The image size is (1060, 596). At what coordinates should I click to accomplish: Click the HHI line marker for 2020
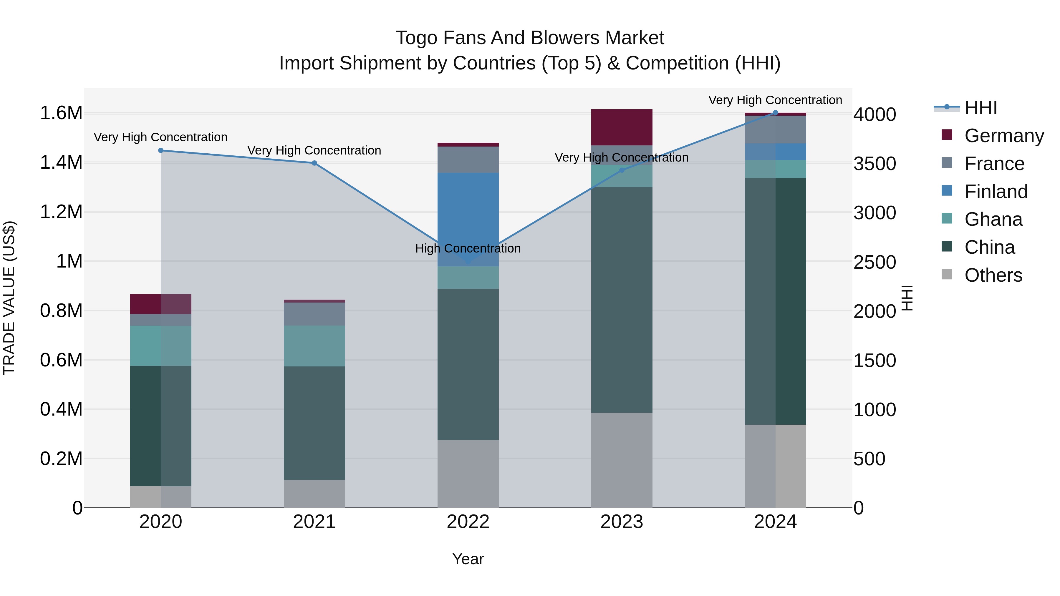161,150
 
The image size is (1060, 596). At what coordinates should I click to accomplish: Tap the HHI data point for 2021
314,163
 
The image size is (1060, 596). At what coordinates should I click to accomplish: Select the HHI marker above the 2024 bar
775,113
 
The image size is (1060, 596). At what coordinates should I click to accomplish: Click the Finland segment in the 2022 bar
468,214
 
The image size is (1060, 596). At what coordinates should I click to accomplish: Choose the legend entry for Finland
996,192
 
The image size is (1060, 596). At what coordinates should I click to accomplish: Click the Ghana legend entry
993,219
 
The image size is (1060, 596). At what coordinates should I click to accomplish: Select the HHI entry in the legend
980,108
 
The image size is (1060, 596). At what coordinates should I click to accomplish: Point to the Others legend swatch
947,274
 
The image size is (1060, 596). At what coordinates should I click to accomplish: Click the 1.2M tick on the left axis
61,212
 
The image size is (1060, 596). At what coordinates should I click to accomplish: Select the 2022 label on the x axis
468,522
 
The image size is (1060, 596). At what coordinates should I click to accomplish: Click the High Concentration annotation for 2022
468,248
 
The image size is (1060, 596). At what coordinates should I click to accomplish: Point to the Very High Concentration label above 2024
775,100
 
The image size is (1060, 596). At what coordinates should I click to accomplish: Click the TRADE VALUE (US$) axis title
9,298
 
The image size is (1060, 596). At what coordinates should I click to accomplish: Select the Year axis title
468,559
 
